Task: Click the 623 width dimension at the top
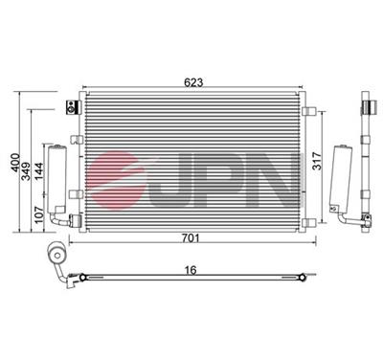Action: click(x=194, y=82)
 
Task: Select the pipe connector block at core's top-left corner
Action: click(x=69, y=106)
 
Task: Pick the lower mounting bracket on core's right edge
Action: click(x=304, y=222)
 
